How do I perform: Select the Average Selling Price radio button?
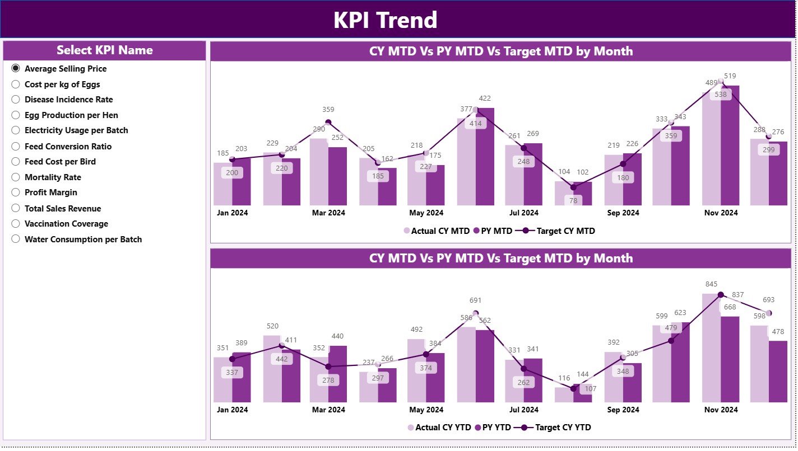(16, 68)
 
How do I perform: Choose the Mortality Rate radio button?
(16, 177)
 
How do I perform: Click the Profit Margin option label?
(51, 192)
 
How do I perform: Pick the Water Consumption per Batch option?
(83, 239)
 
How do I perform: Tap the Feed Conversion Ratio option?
(68, 147)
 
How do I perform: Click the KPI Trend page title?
(385, 20)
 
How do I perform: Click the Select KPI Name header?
(105, 50)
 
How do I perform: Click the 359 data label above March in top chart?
(328, 110)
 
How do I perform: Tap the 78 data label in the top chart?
(573, 200)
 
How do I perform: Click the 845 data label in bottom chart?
(712, 284)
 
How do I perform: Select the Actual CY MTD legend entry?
(437, 231)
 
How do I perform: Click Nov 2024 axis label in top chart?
(721, 213)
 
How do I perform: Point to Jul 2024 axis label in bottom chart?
(523, 410)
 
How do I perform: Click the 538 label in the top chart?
(721, 95)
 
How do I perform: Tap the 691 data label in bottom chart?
(475, 300)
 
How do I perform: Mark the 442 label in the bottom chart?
(281, 359)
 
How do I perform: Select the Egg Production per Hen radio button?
(16, 115)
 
